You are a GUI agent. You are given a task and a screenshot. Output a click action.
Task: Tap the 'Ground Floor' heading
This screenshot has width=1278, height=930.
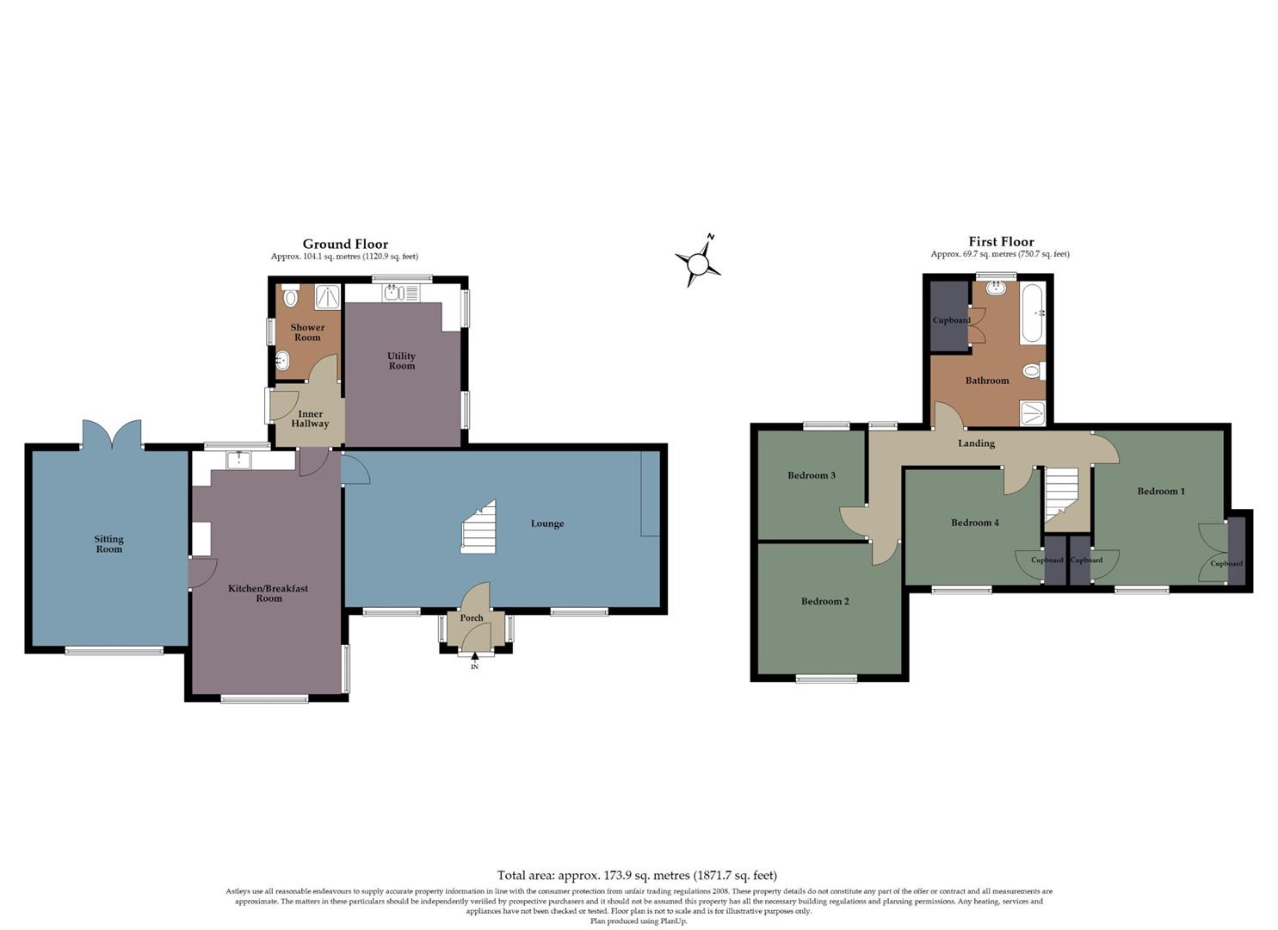coord(345,245)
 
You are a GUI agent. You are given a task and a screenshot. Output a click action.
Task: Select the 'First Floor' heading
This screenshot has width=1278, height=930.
coord(1001,242)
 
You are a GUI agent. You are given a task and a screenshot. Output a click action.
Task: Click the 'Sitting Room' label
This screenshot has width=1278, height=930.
coord(109,544)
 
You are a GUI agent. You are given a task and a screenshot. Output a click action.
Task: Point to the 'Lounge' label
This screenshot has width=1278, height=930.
coord(547,524)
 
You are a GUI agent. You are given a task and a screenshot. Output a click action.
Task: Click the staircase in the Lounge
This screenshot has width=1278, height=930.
coord(479,527)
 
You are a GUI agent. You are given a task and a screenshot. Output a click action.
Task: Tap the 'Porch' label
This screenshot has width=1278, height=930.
coord(472,617)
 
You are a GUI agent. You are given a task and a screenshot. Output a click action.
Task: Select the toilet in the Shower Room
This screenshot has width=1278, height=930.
coord(290,298)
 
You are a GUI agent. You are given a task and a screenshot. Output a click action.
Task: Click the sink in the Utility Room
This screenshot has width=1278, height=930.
coord(394,293)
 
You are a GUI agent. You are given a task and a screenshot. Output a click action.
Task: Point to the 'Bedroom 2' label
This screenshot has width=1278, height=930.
coord(824,601)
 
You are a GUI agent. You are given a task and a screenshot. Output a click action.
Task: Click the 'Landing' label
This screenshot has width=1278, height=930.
coord(976,443)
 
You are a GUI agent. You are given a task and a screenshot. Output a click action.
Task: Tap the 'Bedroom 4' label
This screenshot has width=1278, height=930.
coord(974,523)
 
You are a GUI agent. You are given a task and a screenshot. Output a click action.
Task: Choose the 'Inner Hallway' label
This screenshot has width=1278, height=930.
coord(310,419)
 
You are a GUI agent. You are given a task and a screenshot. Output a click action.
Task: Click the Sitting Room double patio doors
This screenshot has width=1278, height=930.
coord(111,434)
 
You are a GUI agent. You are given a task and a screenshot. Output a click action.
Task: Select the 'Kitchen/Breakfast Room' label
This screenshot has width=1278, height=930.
coord(268,593)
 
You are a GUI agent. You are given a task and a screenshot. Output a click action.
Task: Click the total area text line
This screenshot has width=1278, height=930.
coord(637,876)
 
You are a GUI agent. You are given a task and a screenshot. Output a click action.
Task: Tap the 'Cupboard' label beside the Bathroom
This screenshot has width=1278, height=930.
coord(951,320)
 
